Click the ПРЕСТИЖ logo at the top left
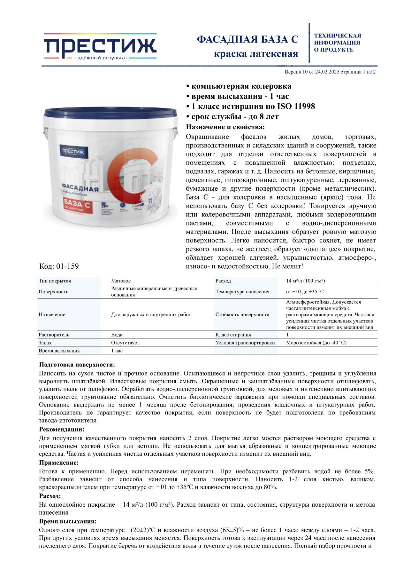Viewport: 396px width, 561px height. pos(100,47)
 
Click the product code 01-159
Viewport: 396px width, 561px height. pos(67,266)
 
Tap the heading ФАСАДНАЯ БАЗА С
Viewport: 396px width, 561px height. pos(248,39)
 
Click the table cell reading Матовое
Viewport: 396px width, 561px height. pos(121,281)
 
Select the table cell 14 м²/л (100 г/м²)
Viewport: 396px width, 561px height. pos(306,281)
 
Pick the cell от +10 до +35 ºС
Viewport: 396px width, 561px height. pos(305,292)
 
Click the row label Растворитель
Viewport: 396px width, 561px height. pos(54,335)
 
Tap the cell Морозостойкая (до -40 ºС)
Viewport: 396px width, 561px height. pos(316,343)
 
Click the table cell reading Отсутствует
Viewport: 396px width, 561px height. pos(125,343)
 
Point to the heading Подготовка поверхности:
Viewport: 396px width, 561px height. pos(77,365)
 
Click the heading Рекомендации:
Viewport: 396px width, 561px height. pos(62,430)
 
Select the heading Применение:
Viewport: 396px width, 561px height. pos(59,463)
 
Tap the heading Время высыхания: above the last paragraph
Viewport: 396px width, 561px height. pos(68,521)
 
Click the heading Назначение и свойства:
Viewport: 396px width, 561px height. pos(225,127)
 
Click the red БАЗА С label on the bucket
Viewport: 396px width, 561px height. pos(77,205)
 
